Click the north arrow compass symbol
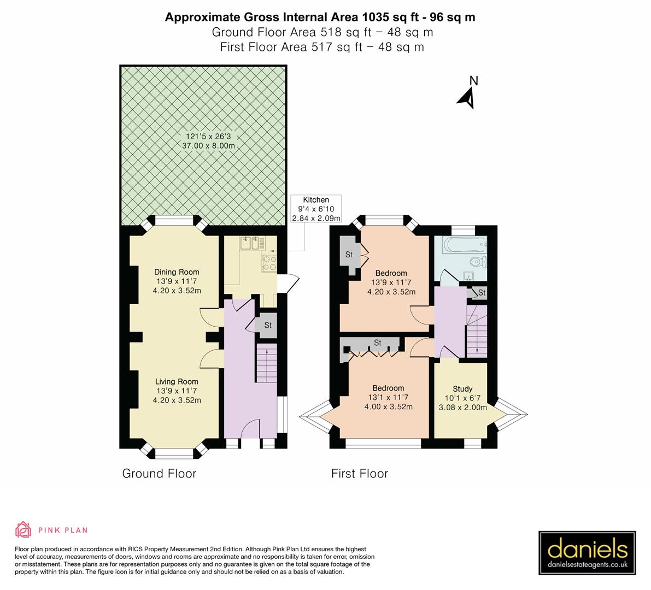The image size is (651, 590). coord(467,97)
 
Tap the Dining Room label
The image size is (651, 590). coord(177,272)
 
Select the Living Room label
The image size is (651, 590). coord(177,382)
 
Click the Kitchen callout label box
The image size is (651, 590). coord(316,209)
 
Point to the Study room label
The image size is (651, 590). coord(462,389)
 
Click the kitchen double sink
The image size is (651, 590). coord(252,244)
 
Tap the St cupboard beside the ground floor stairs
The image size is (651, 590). coord(267,324)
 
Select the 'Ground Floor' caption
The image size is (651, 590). coord(159,473)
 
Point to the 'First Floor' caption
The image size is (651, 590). coord(360,473)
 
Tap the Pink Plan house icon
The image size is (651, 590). coord(24,529)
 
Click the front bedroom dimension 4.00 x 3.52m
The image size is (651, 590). coord(388,406)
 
